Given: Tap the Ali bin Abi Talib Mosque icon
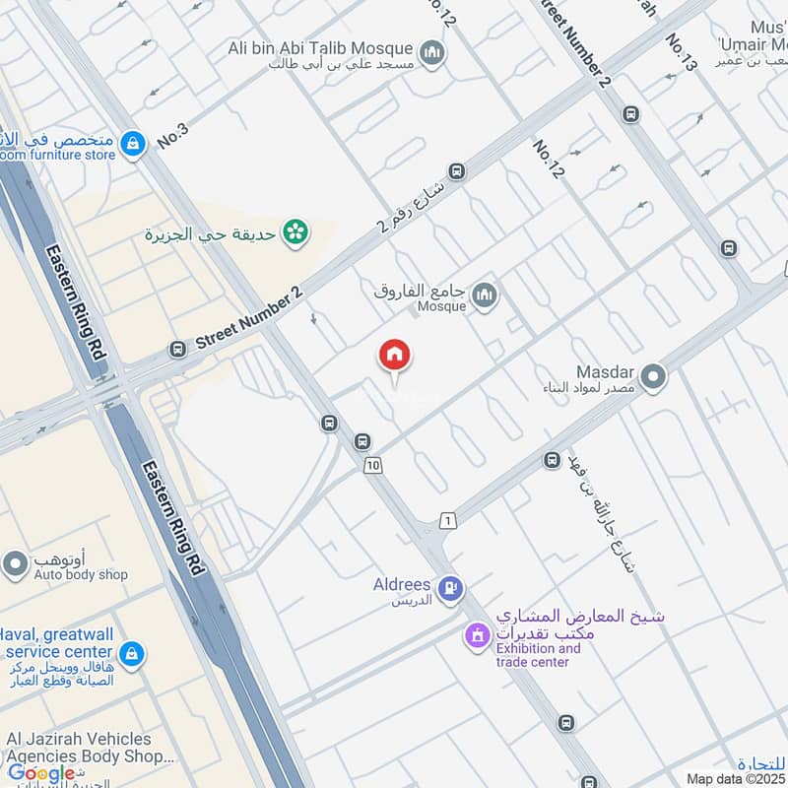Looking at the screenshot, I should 430,51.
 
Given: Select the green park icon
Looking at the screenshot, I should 294,232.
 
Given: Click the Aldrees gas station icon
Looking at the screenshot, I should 450,588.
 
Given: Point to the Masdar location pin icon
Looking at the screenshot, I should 651,376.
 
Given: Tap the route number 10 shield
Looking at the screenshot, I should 372,465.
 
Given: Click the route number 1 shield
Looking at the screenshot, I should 448,520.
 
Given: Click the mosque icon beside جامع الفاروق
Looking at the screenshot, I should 484,294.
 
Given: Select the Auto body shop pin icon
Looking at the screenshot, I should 14,564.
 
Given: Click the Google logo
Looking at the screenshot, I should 41,773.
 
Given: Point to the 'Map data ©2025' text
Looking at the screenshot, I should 735,779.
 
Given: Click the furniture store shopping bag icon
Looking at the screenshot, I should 131,145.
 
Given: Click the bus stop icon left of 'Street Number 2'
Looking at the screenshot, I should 177,349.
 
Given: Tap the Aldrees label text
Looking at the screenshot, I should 402,585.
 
